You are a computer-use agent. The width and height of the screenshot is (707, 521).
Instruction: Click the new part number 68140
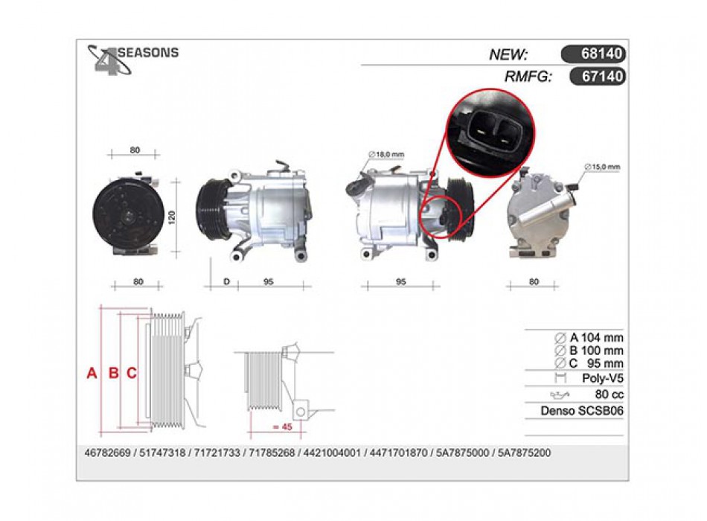(601, 54)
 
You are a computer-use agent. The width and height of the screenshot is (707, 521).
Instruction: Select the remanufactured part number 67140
(602, 76)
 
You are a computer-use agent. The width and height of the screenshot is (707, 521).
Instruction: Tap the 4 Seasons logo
(132, 60)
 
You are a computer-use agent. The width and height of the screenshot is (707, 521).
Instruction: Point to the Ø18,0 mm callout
(386, 155)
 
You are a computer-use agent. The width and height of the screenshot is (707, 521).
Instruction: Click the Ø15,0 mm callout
(602, 167)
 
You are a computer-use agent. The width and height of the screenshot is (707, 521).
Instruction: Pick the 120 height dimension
(171, 217)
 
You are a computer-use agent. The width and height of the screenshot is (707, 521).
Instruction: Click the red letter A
(92, 373)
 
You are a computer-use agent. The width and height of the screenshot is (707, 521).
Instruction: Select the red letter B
(114, 373)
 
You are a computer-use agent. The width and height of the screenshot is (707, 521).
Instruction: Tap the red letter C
(132, 373)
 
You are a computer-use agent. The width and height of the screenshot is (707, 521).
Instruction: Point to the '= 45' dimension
(283, 426)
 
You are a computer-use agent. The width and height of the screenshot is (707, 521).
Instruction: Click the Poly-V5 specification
(602, 378)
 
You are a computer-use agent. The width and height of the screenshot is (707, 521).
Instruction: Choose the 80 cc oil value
(610, 394)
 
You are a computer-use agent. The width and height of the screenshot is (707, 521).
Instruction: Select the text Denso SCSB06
(582, 411)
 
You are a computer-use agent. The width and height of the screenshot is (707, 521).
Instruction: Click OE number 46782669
(107, 453)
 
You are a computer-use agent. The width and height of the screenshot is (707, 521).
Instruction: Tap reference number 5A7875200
(525, 453)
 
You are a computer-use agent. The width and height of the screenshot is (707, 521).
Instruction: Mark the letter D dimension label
(227, 281)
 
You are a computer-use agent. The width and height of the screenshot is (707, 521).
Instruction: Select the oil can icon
(560, 395)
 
